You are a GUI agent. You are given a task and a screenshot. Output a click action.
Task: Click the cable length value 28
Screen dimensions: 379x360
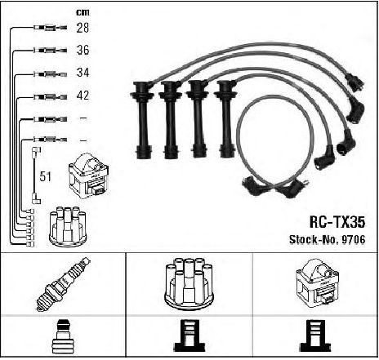(82, 28)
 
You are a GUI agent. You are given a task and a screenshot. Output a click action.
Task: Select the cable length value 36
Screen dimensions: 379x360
(82, 50)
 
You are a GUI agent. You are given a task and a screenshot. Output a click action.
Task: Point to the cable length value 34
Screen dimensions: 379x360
(82, 73)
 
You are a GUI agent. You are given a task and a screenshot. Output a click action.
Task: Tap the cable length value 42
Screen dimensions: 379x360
(82, 96)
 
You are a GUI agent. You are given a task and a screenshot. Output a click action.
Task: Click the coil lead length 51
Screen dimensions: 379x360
(45, 176)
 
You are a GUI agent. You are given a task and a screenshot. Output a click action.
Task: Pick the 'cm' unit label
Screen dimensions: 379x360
(82, 12)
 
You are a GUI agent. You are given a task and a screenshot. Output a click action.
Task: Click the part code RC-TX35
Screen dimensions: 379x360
(337, 222)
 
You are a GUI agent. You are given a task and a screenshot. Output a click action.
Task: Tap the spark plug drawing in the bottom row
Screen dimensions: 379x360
(63, 284)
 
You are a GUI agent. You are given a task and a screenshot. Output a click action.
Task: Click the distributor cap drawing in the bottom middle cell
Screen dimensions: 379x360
(189, 284)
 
